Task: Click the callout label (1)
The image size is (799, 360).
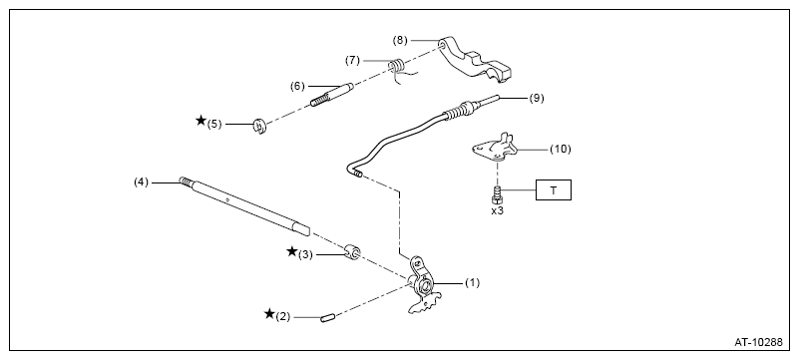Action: pos(473,283)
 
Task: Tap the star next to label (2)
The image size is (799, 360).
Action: pos(269,314)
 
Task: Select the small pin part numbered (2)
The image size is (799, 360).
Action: pos(327,319)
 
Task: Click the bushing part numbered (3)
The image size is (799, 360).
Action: pos(353,251)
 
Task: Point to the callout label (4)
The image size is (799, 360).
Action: pos(142,181)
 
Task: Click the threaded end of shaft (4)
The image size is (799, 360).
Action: pos(186,180)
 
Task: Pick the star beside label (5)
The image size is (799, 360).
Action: pos(200,121)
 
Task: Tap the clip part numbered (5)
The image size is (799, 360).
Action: pos(260,126)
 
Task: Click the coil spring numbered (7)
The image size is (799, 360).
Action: pos(397,66)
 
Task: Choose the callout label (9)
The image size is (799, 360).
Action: pos(537,99)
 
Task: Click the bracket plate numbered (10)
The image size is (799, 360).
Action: pos(494,148)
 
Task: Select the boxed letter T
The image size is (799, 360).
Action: pos(554,190)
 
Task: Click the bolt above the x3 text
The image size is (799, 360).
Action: pos(497,195)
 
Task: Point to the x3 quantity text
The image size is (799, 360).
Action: pos(497,209)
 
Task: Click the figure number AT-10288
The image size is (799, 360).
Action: pos(758,342)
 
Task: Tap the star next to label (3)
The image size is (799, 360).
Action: pos(292,251)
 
